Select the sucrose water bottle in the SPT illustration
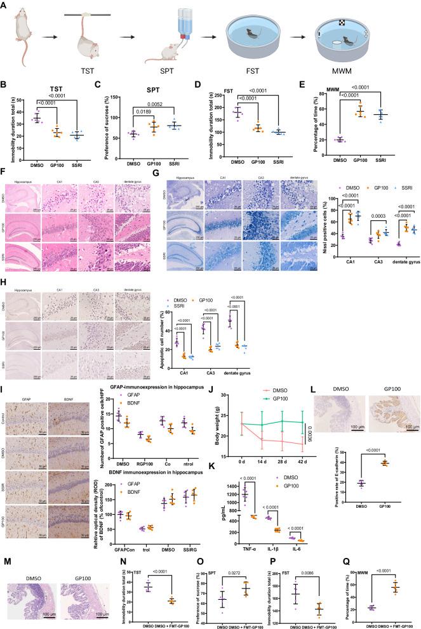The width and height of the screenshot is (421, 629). [185, 24]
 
